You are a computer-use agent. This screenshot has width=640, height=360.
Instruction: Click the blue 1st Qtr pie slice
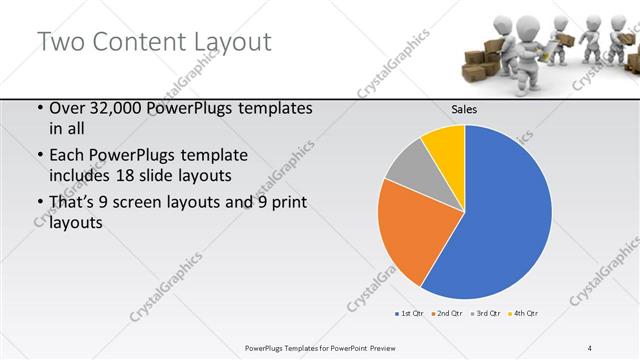500,215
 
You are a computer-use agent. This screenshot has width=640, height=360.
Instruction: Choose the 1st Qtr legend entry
410,314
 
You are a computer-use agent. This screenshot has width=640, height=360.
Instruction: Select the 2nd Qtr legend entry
446,314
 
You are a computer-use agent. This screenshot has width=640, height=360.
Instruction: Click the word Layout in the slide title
229,42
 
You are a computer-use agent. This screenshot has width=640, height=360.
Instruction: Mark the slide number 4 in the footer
590,347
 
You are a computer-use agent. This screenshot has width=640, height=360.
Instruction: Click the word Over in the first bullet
66,108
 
